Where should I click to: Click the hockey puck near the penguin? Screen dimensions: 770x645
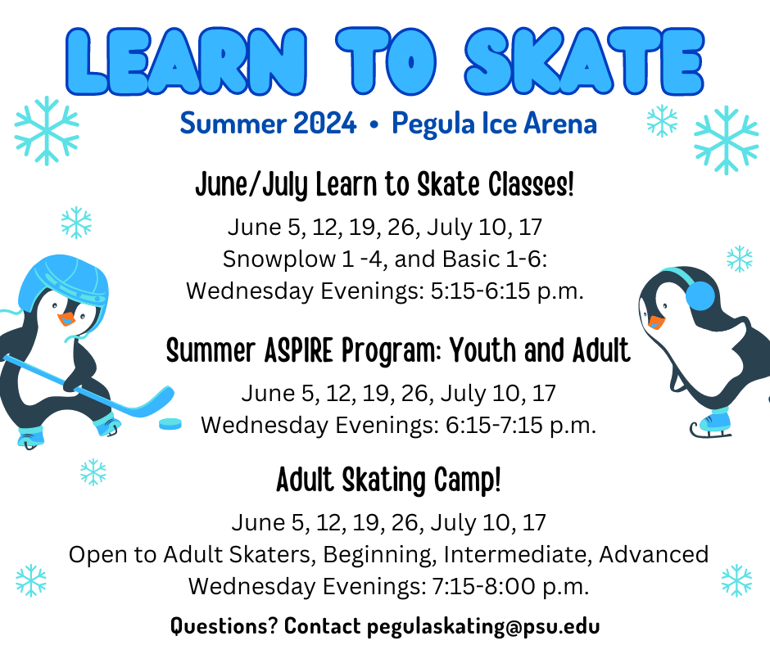coord(170,424)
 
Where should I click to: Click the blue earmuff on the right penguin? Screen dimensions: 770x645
coord(700,295)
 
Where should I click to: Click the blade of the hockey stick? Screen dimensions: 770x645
coord(157,400)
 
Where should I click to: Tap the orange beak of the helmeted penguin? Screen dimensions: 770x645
coord(66,319)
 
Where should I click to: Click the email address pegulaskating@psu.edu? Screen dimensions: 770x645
coord(483,626)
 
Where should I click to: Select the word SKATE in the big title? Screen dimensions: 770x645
coord(584,61)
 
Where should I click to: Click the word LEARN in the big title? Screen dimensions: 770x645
coord(187,61)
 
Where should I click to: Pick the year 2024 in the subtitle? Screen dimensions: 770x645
coord(324,123)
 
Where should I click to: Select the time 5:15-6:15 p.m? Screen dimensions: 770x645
coord(507,291)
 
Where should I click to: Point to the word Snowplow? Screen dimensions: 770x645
coord(279,259)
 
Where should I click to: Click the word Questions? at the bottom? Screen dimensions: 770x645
coord(224,626)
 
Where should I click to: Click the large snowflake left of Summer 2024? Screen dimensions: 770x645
coord(47,131)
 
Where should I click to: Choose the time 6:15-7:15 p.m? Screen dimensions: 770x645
coord(521,425)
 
